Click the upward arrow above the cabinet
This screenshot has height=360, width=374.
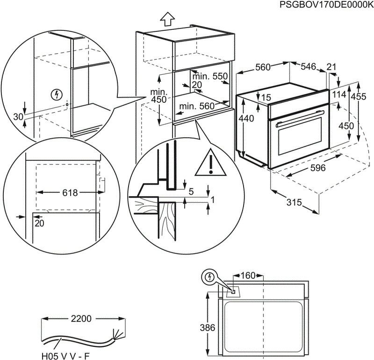point(167,19)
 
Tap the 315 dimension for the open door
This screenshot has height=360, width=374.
point(294,203)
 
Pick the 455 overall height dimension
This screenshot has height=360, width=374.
point(359,97)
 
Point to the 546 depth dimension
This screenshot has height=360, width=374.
point(308,67)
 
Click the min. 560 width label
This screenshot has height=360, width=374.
point(197,106)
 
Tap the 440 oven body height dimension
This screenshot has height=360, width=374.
point(246,119)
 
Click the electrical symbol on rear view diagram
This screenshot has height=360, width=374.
point(210,278)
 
